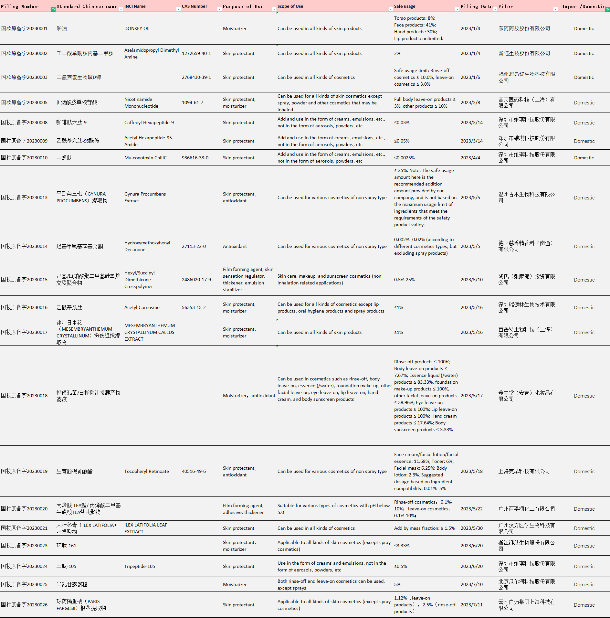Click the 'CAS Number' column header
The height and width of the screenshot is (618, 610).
tap(195, 6)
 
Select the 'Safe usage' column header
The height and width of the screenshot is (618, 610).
tap(405, 6)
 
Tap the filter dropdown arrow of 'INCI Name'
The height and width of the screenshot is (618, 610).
tap(178, 9)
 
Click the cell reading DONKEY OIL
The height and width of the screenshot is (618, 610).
tap(137, 28)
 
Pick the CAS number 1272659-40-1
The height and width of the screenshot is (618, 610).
tap(196, 53)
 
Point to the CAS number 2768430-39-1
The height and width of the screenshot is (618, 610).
tap(196, 77)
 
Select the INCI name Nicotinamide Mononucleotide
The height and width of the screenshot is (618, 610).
tap(141, 102)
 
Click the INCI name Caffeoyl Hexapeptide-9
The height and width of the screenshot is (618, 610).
tap(149, 123)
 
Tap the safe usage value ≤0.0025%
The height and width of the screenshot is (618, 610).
tap(404, 158)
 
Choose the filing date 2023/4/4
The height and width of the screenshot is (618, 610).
tap(470, 158)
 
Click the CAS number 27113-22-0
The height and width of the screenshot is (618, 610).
tap(194, 246)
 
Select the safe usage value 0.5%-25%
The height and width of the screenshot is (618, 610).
tap(404, 280)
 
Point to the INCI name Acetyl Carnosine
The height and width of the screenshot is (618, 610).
tap(142, 307)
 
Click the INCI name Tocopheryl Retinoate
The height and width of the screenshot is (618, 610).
tap(146, 471)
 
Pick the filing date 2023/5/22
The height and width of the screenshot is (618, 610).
tap(471, 509)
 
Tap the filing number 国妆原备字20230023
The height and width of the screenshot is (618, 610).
tap(24, 546)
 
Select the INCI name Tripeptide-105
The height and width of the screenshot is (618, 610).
tap(140, 566)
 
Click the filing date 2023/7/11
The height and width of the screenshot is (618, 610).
tap(471, 605)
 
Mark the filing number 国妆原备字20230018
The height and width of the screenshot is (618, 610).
tap(24, 396)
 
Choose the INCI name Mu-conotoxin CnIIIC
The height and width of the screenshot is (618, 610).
tap(145, 158)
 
